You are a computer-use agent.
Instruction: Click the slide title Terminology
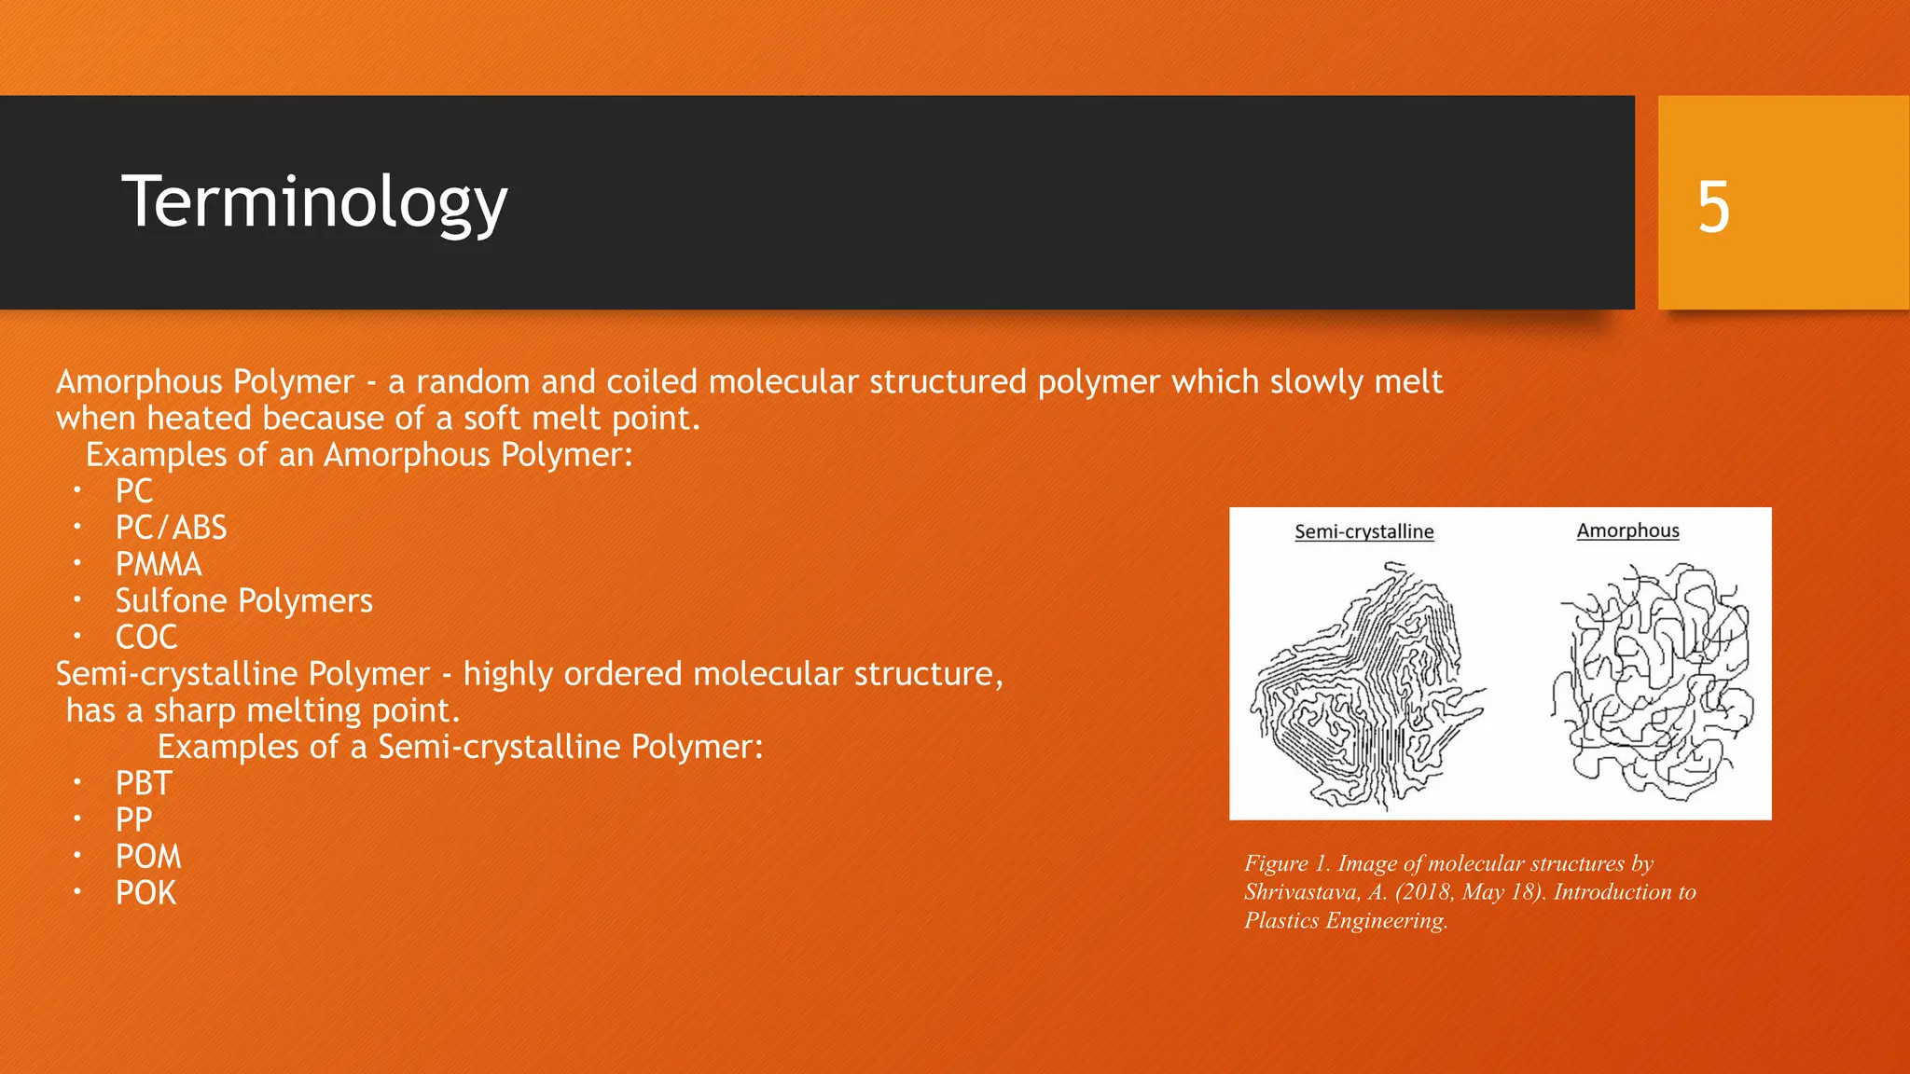click(x=314, y=202)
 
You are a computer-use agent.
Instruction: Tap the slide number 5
click(x=1713, y=207)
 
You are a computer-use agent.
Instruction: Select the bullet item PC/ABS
click(x=171, y=528)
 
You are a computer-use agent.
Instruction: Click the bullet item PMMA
click(x=159, y=564)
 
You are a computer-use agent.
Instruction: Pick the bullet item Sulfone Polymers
click(x=243, y=600)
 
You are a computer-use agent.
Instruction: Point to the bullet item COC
click(x=146, y=637)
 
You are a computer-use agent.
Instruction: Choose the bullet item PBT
click(x=144, y=783)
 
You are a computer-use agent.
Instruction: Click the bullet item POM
click(x=148, y=856)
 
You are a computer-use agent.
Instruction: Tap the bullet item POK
click(x=145, y=892)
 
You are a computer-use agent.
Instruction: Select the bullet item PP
click(x=133, y=819)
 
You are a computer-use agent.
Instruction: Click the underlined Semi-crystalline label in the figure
click(x=1363, y=531)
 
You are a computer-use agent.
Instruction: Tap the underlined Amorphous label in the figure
click(x=1627, y=530)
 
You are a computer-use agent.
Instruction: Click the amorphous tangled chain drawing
click(x=1651, y=681)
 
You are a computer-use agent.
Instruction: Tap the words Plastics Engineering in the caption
click(x=1345, y=921)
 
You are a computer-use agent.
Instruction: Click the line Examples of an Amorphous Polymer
click(x=359, y=455)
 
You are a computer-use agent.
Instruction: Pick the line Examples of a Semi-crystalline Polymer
click(x=460, y=747)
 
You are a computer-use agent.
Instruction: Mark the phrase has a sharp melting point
click(x=263, y=710)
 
